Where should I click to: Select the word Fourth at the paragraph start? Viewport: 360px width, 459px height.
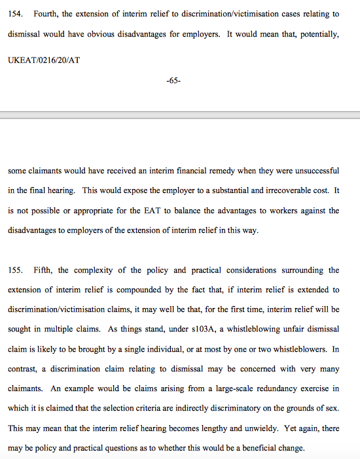click(x=45, y=14)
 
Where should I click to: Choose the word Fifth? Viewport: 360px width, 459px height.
click(x=43, y=270)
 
